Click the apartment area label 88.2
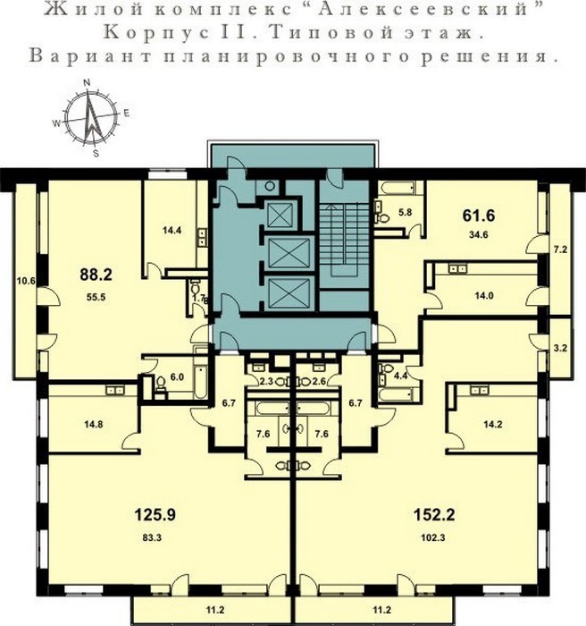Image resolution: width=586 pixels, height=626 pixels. [96, 275]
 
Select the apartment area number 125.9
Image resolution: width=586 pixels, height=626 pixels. [155, 514]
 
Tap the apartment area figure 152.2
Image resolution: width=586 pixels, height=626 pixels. [433, 514]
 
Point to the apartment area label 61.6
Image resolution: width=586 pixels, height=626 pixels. [479, 216]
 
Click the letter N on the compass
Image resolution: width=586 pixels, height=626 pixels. [87, 82]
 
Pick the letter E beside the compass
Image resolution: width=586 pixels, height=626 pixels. [127, 114]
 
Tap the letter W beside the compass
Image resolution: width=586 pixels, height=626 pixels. [56, 123]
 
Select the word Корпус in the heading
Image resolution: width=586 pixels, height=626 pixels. [156, 33]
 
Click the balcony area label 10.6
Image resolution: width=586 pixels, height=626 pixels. [26, 281]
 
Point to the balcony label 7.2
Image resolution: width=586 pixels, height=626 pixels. [560, 250]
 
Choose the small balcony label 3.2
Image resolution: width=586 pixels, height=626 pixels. [560, 348]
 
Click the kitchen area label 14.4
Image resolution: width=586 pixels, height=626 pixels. [172, 230]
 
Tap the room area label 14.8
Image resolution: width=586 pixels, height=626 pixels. [93, 424]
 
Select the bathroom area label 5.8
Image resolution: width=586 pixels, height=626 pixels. [406, 213]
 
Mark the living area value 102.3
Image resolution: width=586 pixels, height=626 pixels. [433, 537]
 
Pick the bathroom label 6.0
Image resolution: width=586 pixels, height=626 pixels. [177, 376]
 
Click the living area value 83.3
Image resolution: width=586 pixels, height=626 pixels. [152, 537]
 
